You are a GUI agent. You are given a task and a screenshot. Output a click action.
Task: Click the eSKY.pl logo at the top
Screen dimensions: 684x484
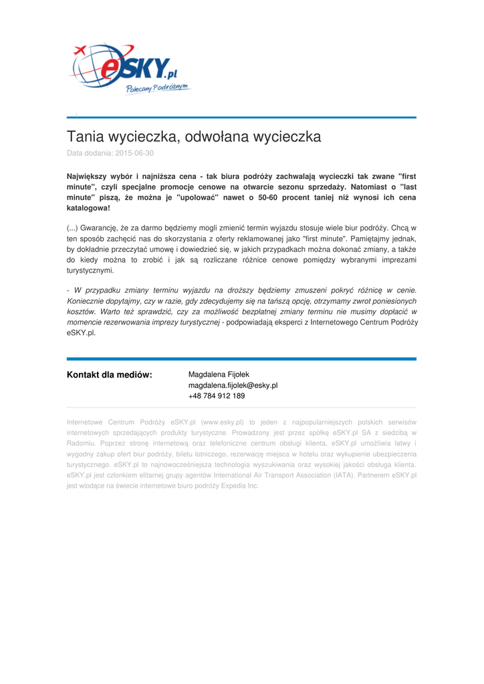click(130, 69)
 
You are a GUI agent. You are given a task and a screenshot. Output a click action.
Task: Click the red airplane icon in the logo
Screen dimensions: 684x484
click(80, 49)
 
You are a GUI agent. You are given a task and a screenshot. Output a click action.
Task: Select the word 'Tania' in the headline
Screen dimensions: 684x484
click(85, 137)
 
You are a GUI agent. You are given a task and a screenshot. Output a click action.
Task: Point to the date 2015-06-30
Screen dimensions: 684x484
click(134, 153)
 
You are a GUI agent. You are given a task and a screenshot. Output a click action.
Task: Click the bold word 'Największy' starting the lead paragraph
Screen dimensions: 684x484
click(91, 176)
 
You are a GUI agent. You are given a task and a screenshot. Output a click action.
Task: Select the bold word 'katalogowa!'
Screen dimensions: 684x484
click(88, 208)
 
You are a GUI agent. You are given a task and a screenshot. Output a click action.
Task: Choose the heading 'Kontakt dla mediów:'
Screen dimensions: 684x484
click(110, 374)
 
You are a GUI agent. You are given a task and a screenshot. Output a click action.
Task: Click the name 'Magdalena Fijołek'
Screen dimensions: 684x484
click(219, 374)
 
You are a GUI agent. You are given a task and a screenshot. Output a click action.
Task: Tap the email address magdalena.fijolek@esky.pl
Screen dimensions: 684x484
click(233, 385)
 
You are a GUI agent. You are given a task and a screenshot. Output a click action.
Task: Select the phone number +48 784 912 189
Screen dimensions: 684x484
click(217, 396)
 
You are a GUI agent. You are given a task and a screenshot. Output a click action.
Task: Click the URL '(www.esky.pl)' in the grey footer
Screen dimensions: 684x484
click(223, 422)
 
